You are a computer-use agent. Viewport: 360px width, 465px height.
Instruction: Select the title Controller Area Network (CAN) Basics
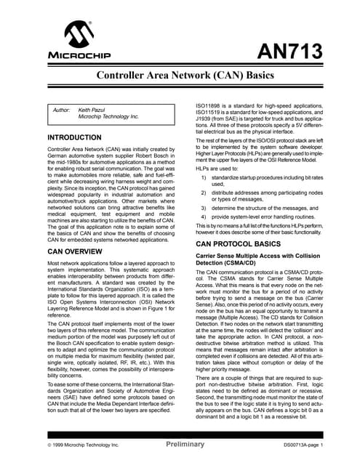tap(180, 76)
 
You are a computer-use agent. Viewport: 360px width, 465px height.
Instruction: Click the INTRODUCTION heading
tap(73, 137)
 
